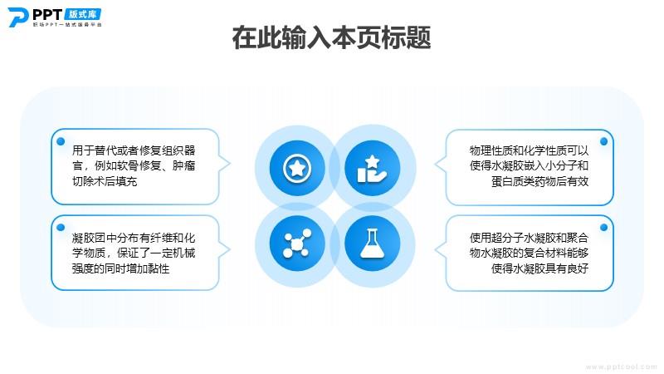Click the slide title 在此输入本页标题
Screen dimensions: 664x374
pos(331,37)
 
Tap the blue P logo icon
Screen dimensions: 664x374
pos(17,17)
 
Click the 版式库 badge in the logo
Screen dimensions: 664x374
pos(82,14)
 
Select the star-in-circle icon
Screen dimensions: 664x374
pos(297,169)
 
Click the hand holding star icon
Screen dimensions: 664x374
pos(372,169)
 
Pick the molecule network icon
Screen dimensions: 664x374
pos(297,244)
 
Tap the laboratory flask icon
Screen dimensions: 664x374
pos(372,244)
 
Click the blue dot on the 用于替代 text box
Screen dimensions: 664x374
pos(61,141)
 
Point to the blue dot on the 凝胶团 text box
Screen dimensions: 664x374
pos(61,228)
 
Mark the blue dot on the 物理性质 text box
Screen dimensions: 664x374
pos(604,141)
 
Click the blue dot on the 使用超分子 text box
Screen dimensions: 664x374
pos(604,228)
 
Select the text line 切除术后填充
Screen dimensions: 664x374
pos(105,181)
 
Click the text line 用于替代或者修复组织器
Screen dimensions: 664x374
pos(134,150)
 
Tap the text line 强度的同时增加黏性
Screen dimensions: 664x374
pos(120,268)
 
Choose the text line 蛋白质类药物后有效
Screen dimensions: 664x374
pos(540,181)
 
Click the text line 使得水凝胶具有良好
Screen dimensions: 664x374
pos(540,268)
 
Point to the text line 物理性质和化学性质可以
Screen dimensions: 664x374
pos(529,150)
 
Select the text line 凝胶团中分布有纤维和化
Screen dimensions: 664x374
pos(134,238)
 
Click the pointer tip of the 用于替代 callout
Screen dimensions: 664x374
pos(230,164)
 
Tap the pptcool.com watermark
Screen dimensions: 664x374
pos(622,367)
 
